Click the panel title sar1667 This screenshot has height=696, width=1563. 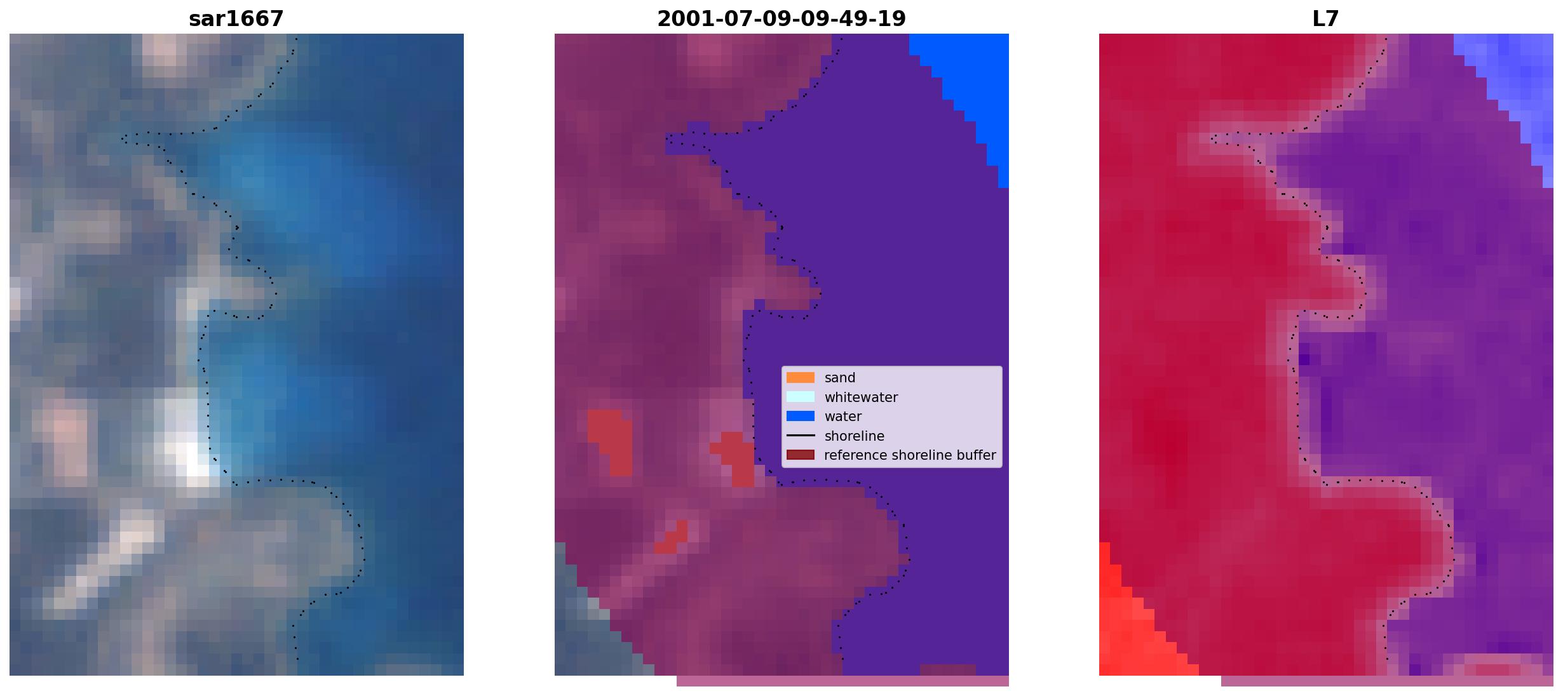point(236,19)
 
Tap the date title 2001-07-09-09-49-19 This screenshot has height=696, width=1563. point(781,19)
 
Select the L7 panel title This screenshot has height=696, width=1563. point(1325,19)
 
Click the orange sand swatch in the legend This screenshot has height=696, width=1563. point(801,377)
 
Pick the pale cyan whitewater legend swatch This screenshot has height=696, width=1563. point(801,397)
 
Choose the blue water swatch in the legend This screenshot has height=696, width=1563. point(801,417)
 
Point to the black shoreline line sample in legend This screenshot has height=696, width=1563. point(801,436)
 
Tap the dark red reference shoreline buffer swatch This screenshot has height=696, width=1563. point(801,455)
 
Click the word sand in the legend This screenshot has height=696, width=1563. point(840,378)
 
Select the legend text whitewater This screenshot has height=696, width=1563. point(861,398)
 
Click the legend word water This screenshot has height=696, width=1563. point(843,417)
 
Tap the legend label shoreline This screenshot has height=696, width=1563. point(855,436)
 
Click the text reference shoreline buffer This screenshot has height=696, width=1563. point(910,455)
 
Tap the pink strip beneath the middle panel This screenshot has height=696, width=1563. point(842,681)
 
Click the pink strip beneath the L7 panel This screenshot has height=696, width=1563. point(1387,681)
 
